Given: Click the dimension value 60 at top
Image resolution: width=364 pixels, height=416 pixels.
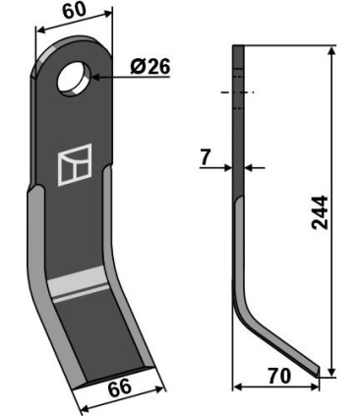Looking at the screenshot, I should click(72, 13).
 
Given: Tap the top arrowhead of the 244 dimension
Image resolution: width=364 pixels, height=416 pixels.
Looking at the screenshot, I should click(332, 49).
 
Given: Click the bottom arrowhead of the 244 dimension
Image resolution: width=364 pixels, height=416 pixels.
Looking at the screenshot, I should click(332, 371).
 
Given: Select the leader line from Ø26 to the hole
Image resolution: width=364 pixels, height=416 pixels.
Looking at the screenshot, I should click(113, 71).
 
